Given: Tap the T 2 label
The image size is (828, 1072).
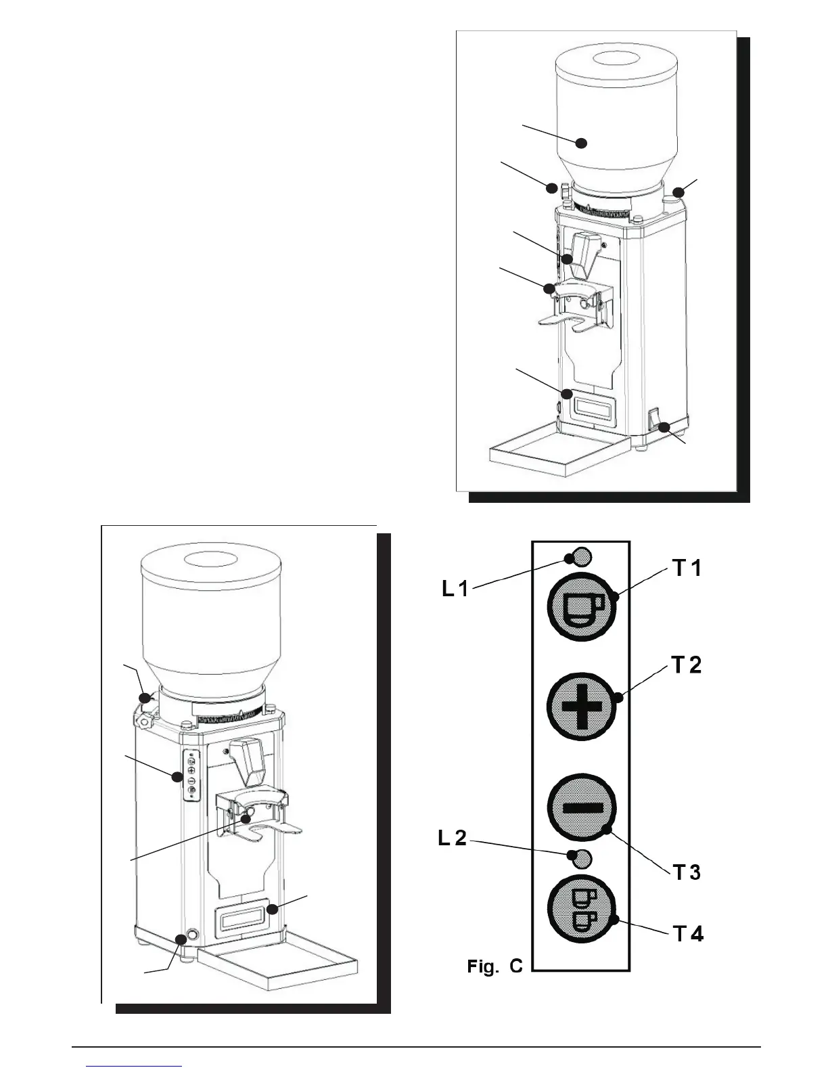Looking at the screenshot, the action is click(687, 666).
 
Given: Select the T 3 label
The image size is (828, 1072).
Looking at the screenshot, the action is click(687, 872).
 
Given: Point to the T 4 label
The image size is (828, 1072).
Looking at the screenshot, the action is click(688, 935).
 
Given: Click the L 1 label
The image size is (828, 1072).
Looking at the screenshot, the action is click(455, 589).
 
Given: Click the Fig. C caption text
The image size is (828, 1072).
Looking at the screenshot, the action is click(495, 966).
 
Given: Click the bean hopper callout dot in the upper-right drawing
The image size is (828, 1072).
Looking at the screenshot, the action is click(580, 143).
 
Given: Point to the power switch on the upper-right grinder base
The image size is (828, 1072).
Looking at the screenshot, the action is click(653, 420).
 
